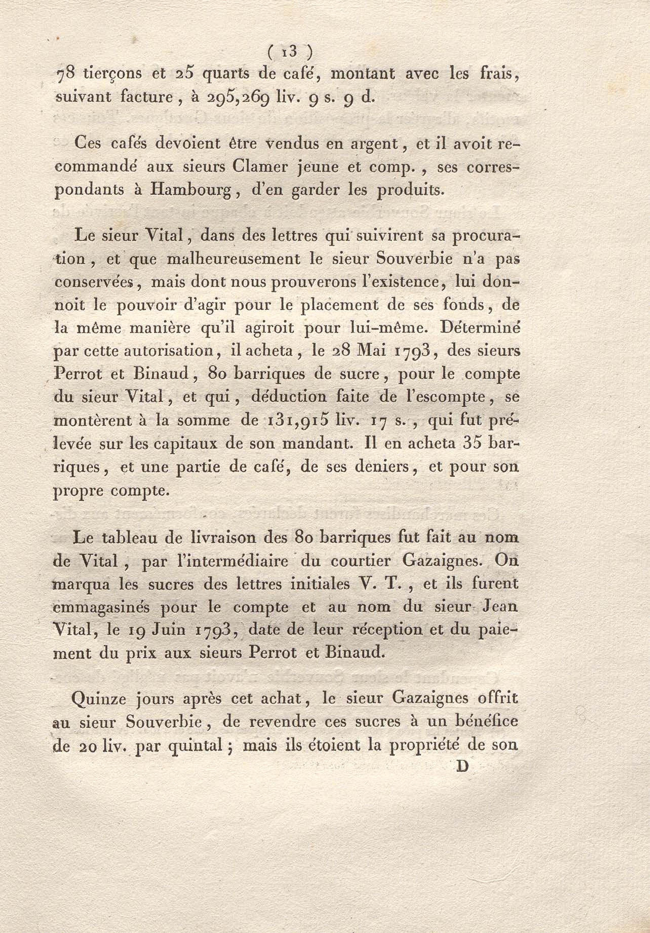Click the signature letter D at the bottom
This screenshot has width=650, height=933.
[x=463, y=767]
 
